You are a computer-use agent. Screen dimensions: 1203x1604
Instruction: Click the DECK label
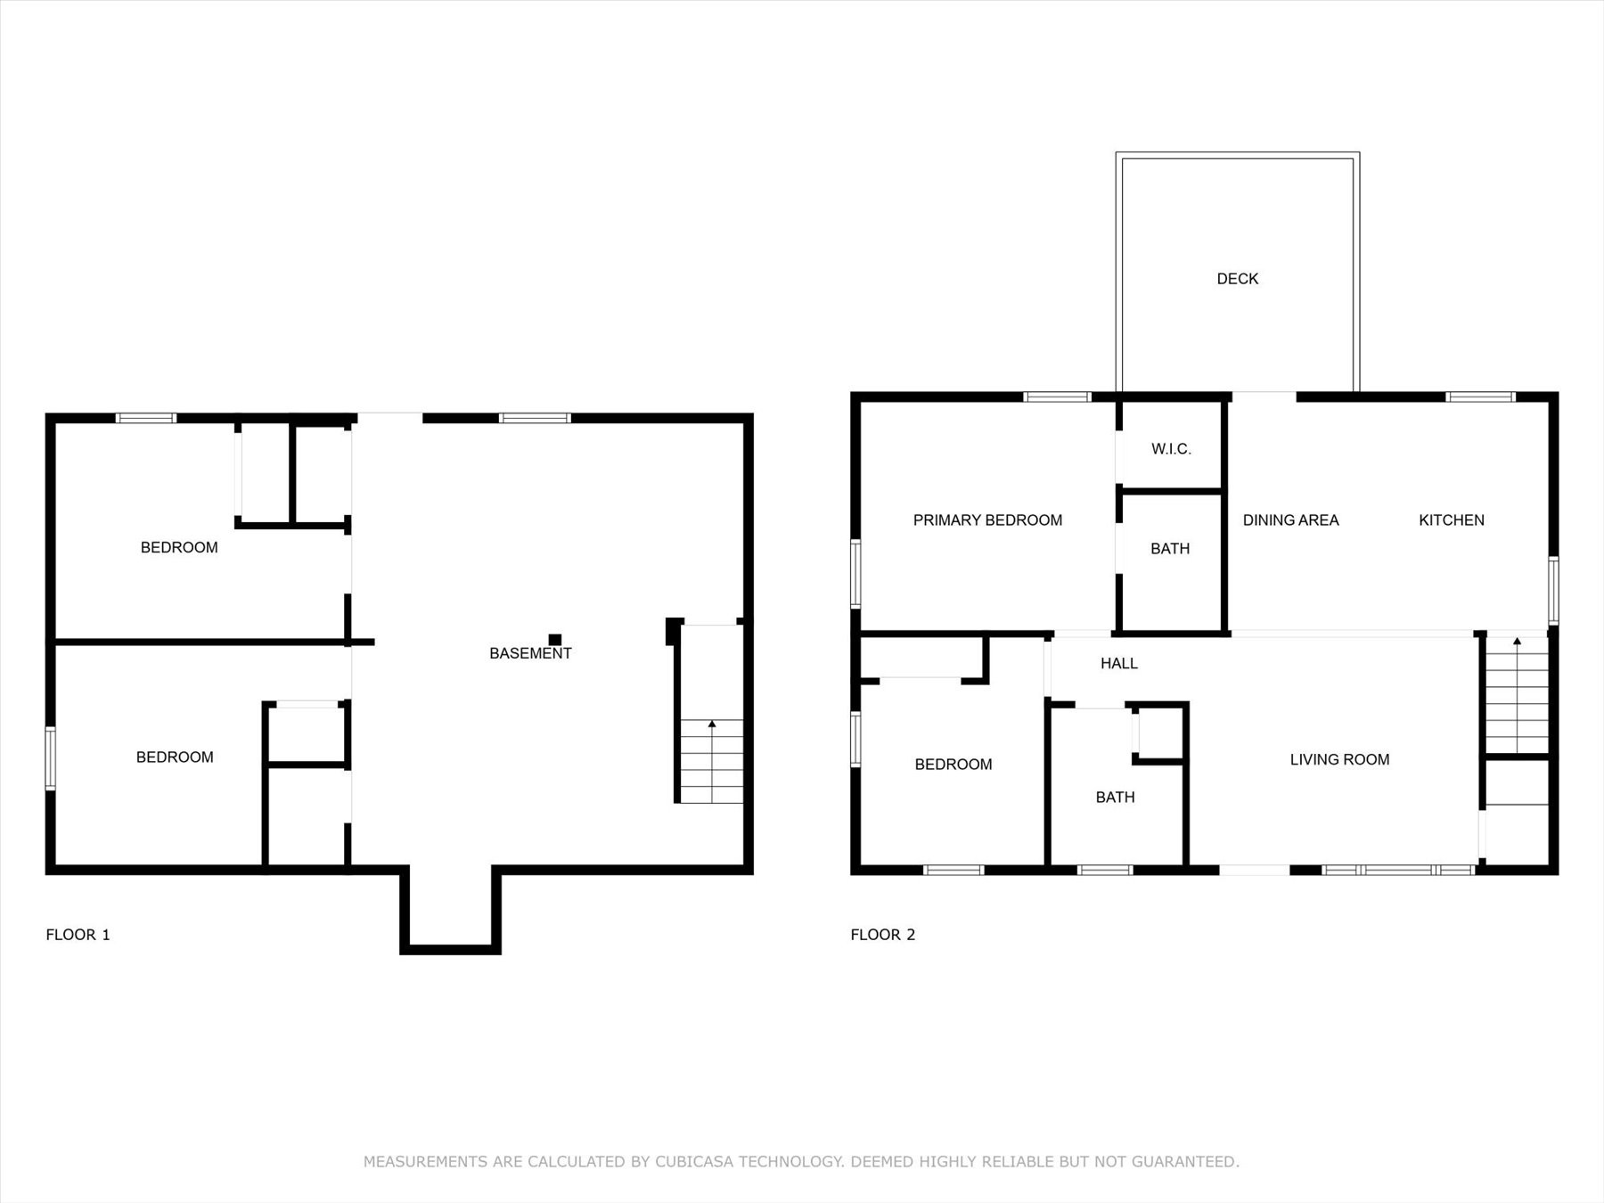click(1237, 279)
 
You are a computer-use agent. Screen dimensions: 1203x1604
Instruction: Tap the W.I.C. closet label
click(1171, 449)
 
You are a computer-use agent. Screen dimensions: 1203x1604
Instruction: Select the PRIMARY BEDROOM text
click(987, 520)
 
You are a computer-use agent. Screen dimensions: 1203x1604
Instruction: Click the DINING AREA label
click(1290, 520)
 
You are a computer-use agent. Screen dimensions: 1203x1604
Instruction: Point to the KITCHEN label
click(1451, 520)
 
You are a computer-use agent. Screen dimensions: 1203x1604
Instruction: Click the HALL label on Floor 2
click(1118, 663)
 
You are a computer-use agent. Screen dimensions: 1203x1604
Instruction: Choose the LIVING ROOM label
click(1339, 759)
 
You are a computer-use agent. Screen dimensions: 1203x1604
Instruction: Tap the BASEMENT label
click(530, 653)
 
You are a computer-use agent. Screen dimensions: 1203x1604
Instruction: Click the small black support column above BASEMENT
click(555, 639)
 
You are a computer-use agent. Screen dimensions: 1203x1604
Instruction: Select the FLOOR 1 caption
click(78, 935)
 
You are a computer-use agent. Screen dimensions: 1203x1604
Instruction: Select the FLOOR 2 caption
click(882, 935)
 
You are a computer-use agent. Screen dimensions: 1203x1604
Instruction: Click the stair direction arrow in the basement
click(712, 725)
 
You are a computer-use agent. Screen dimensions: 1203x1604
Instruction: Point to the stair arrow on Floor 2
click(1517, 642)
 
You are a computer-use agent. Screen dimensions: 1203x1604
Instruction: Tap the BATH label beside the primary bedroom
click(1170, 549)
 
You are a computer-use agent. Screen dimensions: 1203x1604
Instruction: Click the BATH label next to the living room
click(1115, 798)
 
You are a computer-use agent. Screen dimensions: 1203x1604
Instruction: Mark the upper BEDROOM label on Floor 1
click(179, 548)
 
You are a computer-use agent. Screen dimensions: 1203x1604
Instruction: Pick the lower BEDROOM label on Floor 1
click(175, 757)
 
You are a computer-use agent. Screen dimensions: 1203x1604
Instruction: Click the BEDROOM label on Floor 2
click(953, 765)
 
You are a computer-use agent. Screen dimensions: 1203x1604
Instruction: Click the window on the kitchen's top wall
click(1479, 397)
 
